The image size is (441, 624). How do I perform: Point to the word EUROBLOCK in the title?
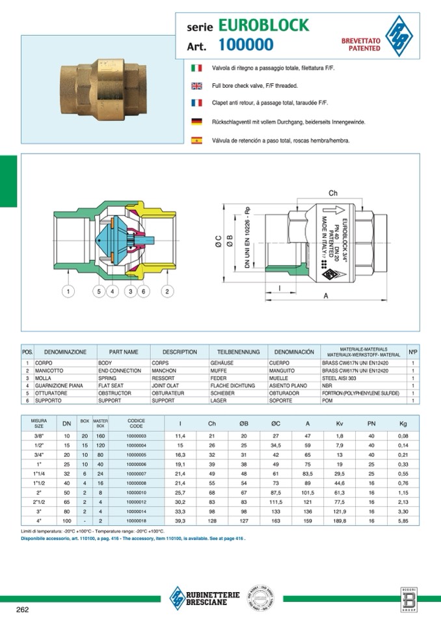(x=264, y=25)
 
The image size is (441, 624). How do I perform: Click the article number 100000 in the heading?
(x=246, y=45)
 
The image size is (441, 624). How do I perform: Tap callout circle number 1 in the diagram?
(x=69, y=291)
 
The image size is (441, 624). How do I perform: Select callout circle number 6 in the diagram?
(x=144, y=291)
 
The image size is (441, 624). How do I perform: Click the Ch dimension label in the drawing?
(x=333, y=194)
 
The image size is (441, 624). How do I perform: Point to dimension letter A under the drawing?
(x=325, y=295)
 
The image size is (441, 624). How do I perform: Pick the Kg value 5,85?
(x=403, y=521)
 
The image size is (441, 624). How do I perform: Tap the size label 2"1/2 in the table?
(x=38, y=502)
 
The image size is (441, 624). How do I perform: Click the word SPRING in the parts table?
(x=108, y=377)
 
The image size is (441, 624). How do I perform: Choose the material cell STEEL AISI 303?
(x=342, y=377)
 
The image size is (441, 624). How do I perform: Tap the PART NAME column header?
(x=124, y=351)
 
